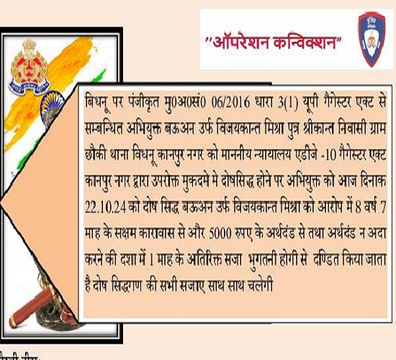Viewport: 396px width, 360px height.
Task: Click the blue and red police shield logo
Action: pos(372,40)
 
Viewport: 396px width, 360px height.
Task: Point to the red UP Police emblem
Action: pos(29,67)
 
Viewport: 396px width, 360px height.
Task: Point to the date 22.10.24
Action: pos(105,208)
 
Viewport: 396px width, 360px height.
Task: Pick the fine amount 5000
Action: pos(220,234)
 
